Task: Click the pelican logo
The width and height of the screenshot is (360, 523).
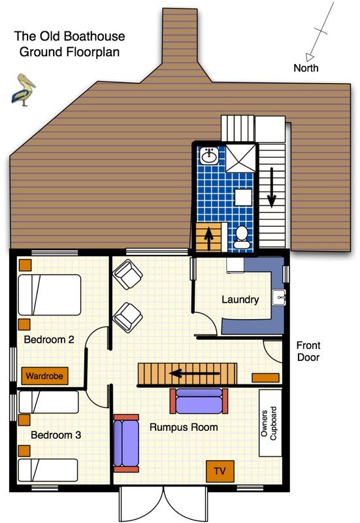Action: [24, 90]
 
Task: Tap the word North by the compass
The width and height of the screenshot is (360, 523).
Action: [306, 68]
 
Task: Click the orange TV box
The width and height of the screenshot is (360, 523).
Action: [220, 471]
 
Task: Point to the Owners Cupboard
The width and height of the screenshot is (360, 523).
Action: [270, 423]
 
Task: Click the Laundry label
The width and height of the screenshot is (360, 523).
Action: [240, 300]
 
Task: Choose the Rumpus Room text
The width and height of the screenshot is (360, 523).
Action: [184, 428]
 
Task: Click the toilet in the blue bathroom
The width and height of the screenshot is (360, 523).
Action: [241, 237]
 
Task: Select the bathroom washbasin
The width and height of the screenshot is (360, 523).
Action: [209, 156]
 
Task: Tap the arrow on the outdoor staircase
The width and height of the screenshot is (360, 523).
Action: [271, 186]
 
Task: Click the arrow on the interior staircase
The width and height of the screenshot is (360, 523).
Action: [185, 374]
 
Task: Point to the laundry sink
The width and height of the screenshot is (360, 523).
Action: [280, 297]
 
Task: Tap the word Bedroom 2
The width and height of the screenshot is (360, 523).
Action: [48, 340]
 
